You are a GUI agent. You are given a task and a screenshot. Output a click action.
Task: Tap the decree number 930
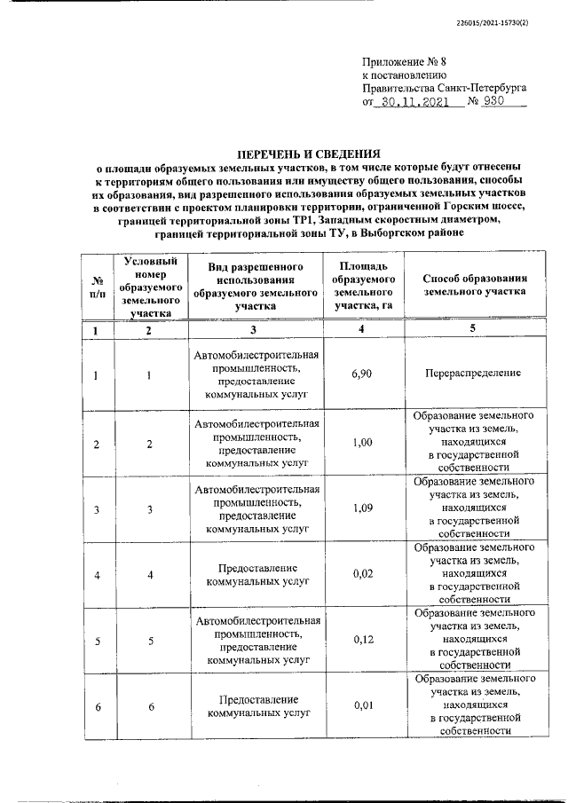coord(508,102)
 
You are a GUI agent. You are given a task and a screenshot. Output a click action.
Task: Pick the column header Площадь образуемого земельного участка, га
coord(360,286)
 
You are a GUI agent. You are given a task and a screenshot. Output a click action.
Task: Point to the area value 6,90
coord(360,374)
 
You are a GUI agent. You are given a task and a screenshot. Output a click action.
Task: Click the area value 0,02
coord(360,575)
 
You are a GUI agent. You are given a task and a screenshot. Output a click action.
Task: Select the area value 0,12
coord(360,640)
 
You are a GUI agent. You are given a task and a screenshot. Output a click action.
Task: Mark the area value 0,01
coord(360,705)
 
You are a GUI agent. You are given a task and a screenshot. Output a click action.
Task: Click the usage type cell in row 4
coord(256,575)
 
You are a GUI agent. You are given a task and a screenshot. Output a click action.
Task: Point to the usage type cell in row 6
coord(256,705)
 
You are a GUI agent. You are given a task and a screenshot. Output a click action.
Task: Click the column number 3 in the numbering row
coord(256,330)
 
